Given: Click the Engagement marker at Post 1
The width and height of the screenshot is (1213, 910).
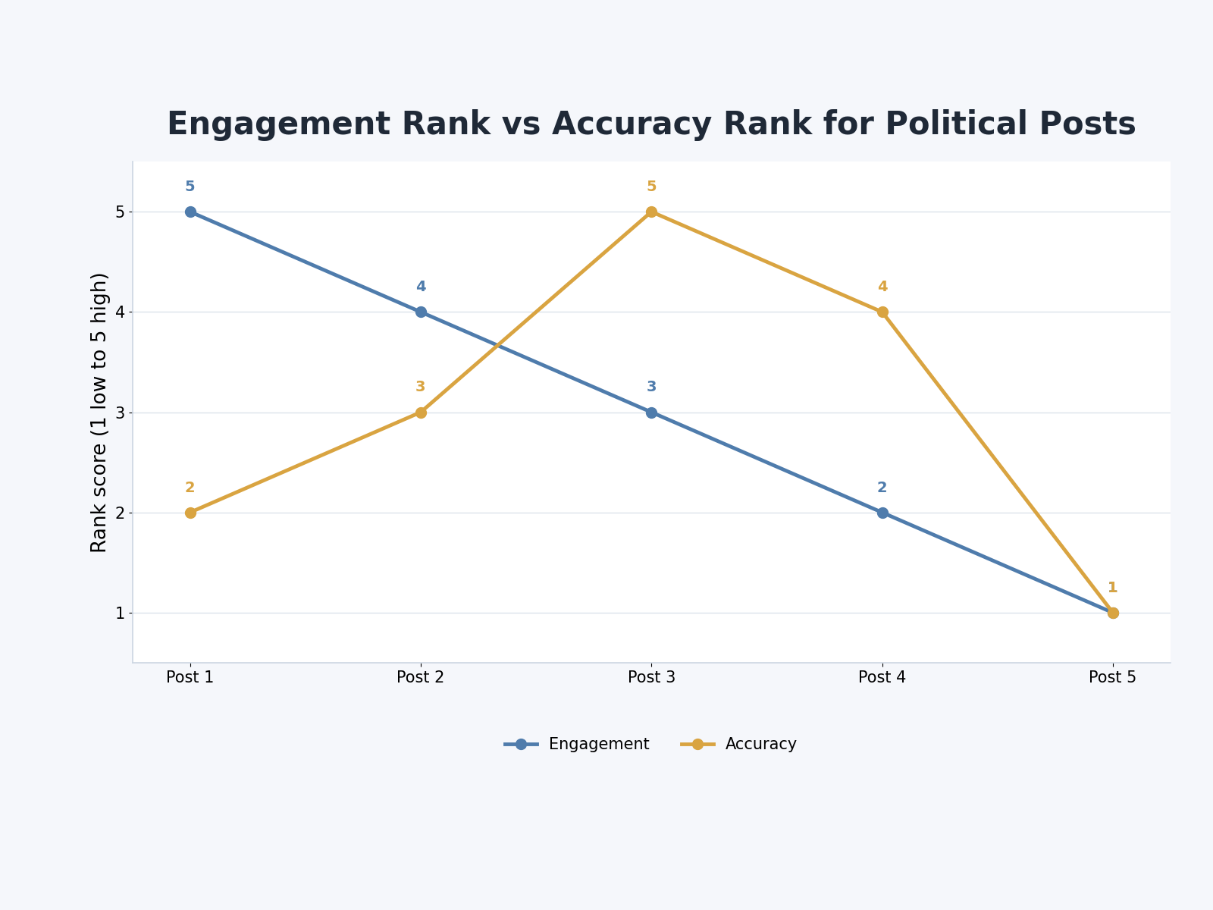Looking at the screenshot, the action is point(190,212).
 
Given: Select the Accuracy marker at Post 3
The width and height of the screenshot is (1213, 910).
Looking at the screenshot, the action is point(651,212).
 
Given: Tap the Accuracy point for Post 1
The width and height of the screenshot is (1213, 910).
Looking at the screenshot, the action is point(190,513).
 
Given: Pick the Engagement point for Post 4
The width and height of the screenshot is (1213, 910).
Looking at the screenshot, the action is point(882,513).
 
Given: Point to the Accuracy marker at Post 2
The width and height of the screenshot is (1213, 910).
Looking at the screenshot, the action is point(421,413).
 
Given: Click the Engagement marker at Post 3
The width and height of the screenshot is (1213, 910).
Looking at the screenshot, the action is point(651,413).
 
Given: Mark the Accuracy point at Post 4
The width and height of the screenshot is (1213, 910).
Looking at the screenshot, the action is point(882,312).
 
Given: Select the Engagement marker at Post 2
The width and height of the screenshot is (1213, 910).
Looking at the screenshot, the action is point(421,312).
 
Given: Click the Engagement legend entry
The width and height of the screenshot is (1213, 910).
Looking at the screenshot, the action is point(576,744).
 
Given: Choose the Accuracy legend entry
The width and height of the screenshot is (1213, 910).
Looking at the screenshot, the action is point(738,744).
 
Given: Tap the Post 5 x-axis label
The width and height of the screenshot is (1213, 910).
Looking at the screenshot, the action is point(1112,677).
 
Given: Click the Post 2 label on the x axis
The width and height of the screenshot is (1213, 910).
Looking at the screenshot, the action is point(421,677).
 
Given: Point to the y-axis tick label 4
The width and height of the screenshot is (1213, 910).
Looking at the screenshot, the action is point(121,312).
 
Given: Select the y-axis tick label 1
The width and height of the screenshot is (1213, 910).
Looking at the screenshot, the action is point(121,613).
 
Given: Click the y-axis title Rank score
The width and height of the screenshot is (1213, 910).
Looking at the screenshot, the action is point(99,413).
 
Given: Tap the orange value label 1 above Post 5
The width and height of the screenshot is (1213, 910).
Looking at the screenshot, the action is point(1112,588).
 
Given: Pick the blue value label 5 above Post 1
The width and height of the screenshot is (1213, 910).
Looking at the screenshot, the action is point(190,187).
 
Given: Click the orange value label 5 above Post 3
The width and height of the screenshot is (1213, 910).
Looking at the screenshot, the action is point(651,187).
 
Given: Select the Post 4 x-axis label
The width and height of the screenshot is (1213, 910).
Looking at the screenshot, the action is point(882,677).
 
